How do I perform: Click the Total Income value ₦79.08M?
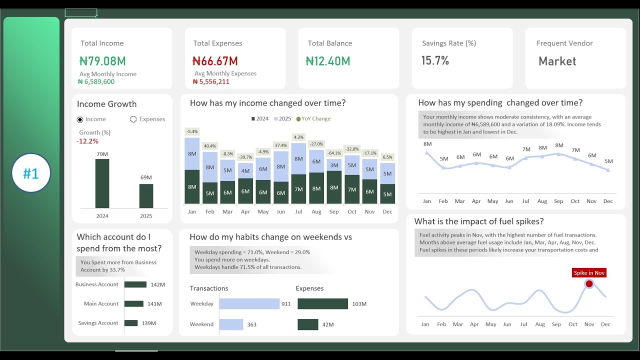click(x=102, y=61)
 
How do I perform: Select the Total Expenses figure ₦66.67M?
click(x=215, y=61)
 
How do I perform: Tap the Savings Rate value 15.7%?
click(x=435, y=60)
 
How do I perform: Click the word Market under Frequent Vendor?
click(x=557, y=61)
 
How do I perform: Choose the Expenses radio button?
click(x=133, y=119)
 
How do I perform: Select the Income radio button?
click(x=80, y=119)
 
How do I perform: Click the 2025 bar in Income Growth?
click(x=146, y=196)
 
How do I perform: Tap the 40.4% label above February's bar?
click(x=209, y=146)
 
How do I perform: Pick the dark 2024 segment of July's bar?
click(x=298, y=189)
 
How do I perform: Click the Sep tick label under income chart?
click(x=334, y=212)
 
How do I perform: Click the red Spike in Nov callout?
click(x=589, y=273)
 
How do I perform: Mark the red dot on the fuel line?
click(x=589, y=284)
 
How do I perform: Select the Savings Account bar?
click(x=131, y=323)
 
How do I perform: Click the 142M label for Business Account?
click(x=157, y=285)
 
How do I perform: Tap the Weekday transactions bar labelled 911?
click(x=249, y=303)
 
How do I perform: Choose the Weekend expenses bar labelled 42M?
click(x=307, y=324)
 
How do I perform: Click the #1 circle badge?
click(x=31, y=173)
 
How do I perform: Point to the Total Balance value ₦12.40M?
click(x=328, y=61)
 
